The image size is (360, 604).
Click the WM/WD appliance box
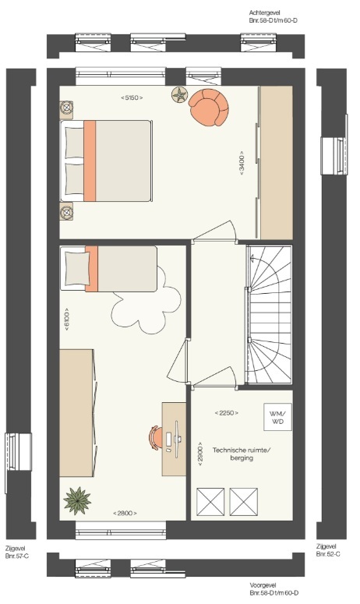click(x=277, y=417)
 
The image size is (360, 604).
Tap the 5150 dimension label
click(x=132, y=98)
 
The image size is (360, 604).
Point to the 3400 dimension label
click(x=242, y=163)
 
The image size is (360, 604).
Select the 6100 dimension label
click(x=66, y=320)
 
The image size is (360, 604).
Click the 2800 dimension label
click(x=125, y=513)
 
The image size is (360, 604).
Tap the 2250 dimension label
click(x=227, y=413)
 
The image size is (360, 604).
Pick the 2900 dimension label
click(x=200, y=454)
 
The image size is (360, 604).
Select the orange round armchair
click(x=209, y=107)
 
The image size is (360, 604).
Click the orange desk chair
click(x=155, y=437)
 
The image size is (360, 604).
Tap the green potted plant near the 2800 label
click(x=77, y=500)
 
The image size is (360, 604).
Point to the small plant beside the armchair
click(x=180, y=94)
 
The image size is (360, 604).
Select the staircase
click(x=269, y=314)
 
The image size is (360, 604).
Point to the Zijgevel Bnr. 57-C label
click(x=17, y=552)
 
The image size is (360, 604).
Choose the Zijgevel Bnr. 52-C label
click(x=328, y=550)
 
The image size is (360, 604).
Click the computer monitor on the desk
click(x=176, y=439)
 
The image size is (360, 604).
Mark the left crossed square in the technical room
click(x=210, y=502)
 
